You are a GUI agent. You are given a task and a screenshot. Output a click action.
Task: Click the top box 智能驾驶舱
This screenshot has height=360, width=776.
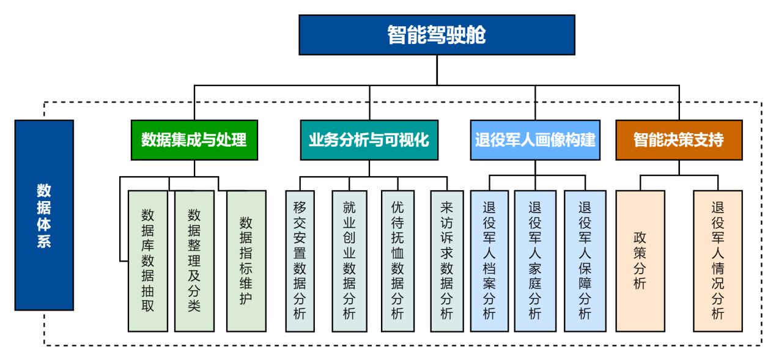click(x=437, y=35)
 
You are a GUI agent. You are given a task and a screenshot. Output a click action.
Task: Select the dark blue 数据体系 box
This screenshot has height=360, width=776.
click(x=45, y=215)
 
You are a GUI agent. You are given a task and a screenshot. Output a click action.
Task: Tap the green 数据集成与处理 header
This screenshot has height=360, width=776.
click(x=194, y=140)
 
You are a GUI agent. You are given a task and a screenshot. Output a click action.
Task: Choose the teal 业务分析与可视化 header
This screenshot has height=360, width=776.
click(x=369, y=140)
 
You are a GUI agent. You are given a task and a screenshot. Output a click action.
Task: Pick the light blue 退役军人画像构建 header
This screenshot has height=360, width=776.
click(x=535, y=140)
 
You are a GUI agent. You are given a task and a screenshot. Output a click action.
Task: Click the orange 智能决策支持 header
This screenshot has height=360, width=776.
click(x=679, y=140)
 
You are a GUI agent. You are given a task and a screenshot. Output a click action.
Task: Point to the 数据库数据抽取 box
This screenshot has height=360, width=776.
click(x=148, y=261)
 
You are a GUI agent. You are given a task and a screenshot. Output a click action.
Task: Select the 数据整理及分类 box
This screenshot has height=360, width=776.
click(x=194, y=261)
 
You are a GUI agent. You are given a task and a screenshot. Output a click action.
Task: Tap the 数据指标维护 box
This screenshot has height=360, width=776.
click(x=246, y=261)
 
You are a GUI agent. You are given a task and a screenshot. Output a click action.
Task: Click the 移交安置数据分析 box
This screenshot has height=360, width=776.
click(x=300, y=261)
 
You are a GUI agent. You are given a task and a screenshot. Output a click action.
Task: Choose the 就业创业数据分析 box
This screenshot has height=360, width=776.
click(x=349, y=261)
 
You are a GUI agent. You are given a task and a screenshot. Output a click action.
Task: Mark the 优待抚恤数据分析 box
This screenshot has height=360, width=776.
click(x=397, y=261)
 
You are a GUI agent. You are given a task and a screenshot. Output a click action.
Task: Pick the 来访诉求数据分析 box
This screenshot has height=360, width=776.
click(x=447, y=261)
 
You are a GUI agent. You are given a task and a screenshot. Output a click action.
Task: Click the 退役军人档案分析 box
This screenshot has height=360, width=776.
click(x=489, y=261)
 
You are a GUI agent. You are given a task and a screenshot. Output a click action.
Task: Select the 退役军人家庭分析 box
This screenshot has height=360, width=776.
click(x=535, y=261)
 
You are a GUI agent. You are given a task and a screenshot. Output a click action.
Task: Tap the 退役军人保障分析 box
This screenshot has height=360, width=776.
click(x=585, y=261)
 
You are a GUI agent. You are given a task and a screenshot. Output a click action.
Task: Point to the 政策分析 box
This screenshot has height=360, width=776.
click(x=640, y=261)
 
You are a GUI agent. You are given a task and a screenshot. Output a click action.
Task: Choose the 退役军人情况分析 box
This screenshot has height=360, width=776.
click(x=718, y=261)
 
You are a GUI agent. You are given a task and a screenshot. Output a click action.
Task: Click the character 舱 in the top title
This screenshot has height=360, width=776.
click(x=476, y=35)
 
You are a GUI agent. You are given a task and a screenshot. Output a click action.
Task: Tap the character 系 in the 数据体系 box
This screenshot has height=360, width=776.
click(x=44, y=241)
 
